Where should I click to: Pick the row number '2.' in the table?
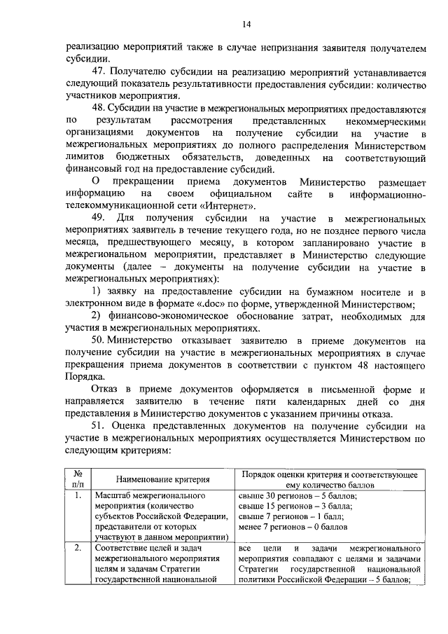[x=78, y=547]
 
